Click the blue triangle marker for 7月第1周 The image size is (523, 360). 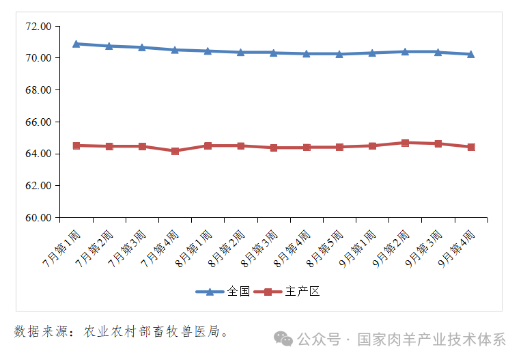pos(76,44)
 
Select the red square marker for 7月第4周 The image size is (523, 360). pos(175,151)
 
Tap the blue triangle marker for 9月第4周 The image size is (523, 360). pos(470,54)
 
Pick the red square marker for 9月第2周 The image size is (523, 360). pos(405,143)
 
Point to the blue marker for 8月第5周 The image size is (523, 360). pos(339,53)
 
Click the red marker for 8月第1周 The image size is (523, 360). pos(208,146)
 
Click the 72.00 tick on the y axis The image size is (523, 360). pos(38,27)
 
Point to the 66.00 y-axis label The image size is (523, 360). pos(38,122)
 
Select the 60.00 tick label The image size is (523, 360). pos(38,218)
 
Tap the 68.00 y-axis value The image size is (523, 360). pos(38,90)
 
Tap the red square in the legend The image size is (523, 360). pos(268,292)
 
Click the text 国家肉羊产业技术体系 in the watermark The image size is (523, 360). pos(432,340)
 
